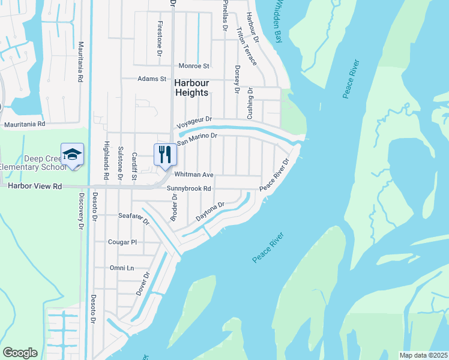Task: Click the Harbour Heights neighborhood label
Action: pyautogui.click(x=191, y=88)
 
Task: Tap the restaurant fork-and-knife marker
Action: pyautogui.click(x=164, y=155)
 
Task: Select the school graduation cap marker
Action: pyautogui.click(x=72, y=155)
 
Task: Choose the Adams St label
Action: pyautogui.click(x=151, y=79)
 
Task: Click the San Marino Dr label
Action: pyautogui.click(x=196, y=139)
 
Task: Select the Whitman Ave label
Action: pyautogui.click(x=193, y=175)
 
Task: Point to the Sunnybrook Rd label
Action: pyautogui.click(x=188, y=188)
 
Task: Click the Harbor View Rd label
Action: pyautogui.click(x=35, y=187)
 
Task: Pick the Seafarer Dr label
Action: pyautogui.click(x=134, y=218)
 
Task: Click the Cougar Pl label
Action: pyautogui.click(x=122, y=242)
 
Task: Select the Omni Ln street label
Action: pyautogui.click(x=121, y=268)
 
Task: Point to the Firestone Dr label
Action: pyautogui.click(x=160, y=32)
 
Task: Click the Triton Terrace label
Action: pyautogui.click(x=246, y=46)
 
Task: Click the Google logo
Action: pyautogui.click(x=20, y=353)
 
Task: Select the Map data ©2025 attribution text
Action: pyautogui.click(x=423, y=355)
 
